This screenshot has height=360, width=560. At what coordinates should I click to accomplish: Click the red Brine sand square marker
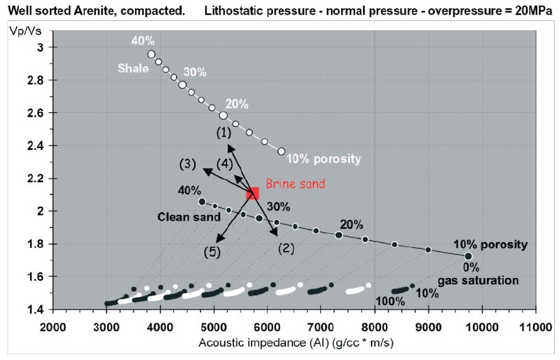tap(252, 193)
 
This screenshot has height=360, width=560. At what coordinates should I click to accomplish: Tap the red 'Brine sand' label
tap(295, 184)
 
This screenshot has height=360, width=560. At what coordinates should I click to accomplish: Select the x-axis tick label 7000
tap(321, 328)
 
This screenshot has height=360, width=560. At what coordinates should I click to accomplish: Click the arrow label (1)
tap(223, 133)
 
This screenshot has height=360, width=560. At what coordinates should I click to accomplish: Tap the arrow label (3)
tap(188, 165)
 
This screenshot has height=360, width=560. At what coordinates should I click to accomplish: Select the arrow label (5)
tap(211, 251)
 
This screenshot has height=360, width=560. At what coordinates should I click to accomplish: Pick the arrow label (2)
tap(286, 248)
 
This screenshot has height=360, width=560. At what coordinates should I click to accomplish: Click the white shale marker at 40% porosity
tap(151, 54)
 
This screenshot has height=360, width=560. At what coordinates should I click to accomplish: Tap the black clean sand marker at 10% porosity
tap(468, 256)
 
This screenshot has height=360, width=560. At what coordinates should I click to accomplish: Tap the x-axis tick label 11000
tap(535, 328)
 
